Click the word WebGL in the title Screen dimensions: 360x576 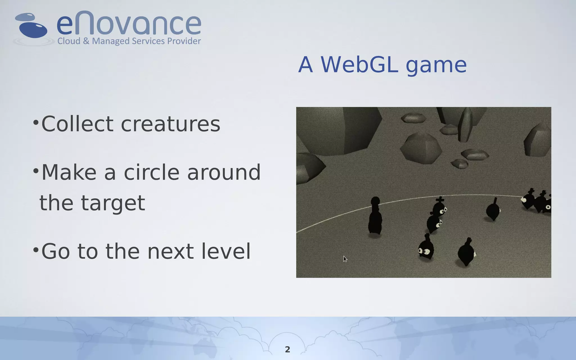tap(359, 64)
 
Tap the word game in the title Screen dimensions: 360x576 tap(436, 65)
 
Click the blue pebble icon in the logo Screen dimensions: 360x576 tap(33, 29)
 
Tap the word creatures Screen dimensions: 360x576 tap(170, 124)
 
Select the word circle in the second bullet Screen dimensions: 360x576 tap(151, 172)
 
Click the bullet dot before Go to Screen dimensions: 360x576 tap(35, 249)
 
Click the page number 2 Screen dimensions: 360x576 tap(287, 349)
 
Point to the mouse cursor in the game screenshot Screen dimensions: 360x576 tap(345, 259)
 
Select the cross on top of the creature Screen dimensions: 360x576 tap(440, 200)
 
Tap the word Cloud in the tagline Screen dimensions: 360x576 tap(69, 41)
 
